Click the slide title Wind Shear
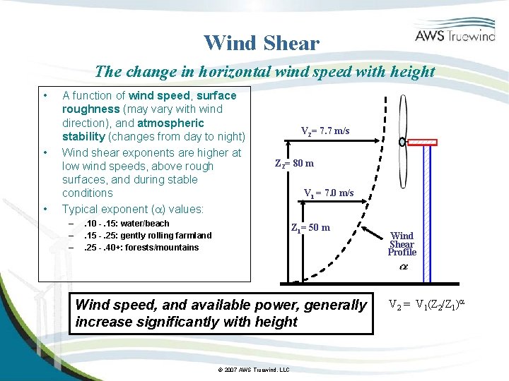point(262,43)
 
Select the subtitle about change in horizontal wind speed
point(265,71)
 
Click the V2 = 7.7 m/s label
point(324,131)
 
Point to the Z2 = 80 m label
point(294,164)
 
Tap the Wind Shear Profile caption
point(402,244)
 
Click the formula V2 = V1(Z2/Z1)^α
point(428,306)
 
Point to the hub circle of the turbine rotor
point(402,141)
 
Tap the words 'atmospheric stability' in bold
point(170,130)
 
